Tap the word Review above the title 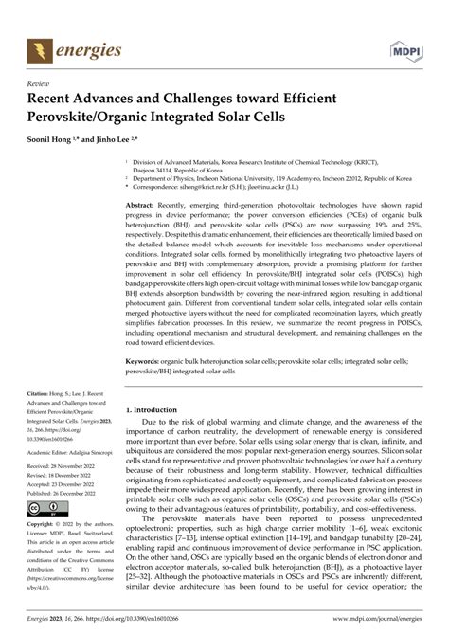(41, 83)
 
